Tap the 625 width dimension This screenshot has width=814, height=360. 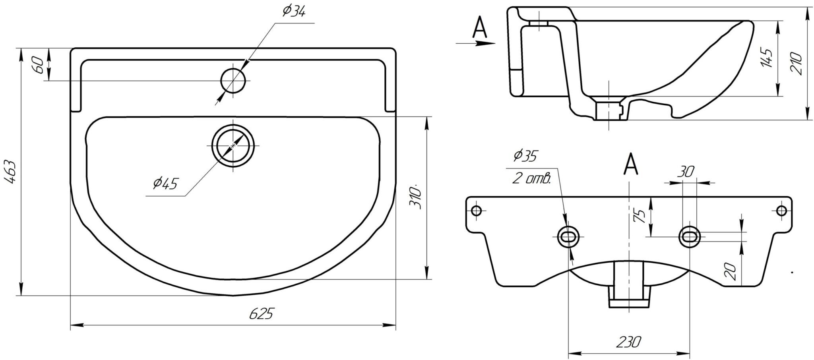(262, 314)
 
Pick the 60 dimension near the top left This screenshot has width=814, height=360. (39, 64)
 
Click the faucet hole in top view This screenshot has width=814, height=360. (233, 80)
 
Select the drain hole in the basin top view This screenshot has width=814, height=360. (233, 145)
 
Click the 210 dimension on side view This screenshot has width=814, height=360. (797, 64)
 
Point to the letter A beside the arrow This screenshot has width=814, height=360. (480, 28)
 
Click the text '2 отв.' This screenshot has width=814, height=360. (531, 179)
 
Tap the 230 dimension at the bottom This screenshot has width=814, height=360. (629, 342)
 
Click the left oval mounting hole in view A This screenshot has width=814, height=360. (568, 236)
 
